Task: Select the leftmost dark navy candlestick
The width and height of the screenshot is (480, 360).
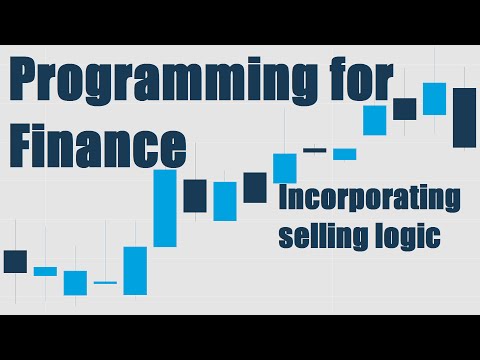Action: coord(15,261)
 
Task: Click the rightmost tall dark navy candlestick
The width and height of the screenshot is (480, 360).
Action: coord(464,118)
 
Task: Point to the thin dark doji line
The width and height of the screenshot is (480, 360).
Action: coord(315,150)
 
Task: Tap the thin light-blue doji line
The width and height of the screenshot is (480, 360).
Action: coord(105,283)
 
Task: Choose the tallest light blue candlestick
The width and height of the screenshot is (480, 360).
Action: coord(165,208)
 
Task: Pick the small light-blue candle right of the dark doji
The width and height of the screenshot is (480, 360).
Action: coord(345,154)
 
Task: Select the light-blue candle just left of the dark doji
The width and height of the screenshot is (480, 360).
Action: coord(285,167)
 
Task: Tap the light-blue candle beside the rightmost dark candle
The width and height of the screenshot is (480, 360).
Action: coord(434,98)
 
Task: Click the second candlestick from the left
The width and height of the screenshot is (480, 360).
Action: coord(45,271)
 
